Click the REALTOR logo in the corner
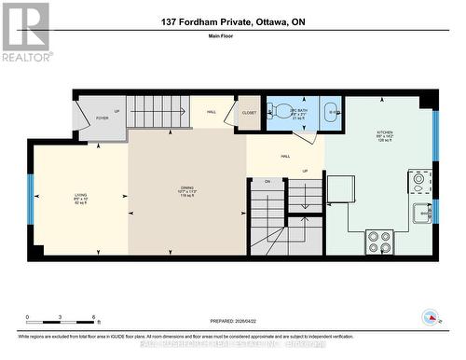[25, 32]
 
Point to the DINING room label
[187, 191]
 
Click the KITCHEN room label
[381, 135]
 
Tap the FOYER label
[103, 118]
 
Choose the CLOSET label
[249, 113]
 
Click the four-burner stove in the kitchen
[378, 242]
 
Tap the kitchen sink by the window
[422, 213]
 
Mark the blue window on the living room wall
[31, 198]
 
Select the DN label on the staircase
[267, 181]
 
